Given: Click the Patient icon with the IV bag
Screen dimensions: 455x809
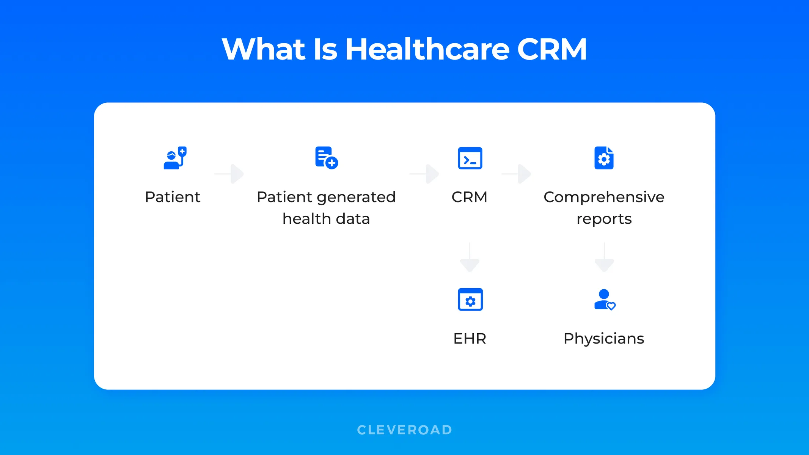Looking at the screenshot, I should (x=175, y=158).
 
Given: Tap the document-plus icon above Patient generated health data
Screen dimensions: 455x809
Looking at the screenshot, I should (x=326, y=158).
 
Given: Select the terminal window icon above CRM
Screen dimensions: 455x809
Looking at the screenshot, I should (x=470, y=158).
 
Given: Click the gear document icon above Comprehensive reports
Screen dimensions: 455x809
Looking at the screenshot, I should (x=604, y=158).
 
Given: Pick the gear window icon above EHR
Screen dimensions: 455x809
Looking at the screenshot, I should (x=470, y=300).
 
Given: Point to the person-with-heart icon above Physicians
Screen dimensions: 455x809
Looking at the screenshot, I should (x=605, y=300).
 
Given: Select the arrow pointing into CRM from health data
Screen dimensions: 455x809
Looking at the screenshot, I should (x=425, y=174).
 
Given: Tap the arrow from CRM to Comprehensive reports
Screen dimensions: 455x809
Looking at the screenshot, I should (x=517, y=174).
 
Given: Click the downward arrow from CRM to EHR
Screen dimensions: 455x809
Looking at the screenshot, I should (x=470, y=258).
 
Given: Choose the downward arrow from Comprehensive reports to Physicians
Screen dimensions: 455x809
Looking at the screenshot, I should (x=604, y=258).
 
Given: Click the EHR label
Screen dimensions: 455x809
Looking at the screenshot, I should (x=470, y=339).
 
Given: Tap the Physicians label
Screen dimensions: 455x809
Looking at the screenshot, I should (x=604, y=339).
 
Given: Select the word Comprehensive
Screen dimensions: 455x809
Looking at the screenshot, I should (x=604, y=197).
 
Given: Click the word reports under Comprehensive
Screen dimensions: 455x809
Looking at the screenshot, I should (x=604, y=219).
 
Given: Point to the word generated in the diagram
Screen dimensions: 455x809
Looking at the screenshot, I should (x=356, y=197).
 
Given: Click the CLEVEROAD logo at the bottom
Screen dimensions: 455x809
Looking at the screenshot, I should (x=405, y=430).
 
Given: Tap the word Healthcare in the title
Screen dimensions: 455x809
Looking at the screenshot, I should (x=427, y=49).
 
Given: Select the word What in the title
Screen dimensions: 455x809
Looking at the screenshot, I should (x=264, y=49).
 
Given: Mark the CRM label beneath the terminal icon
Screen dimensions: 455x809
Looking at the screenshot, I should (x=469, y=197).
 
